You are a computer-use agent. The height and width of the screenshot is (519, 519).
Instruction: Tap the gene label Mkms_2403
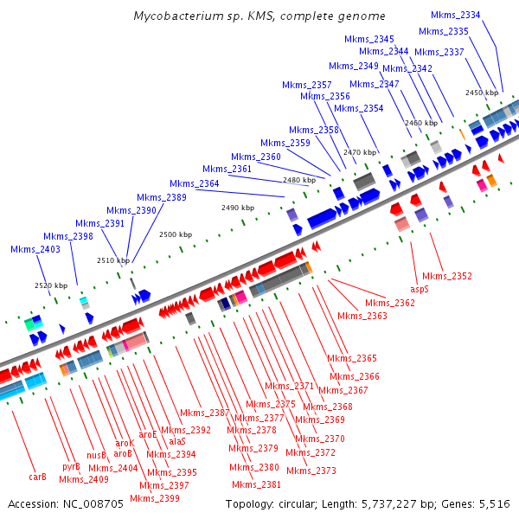pos(35,249)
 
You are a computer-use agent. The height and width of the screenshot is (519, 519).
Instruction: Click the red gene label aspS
pos(419,289)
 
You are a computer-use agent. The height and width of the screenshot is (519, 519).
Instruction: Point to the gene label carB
pos(37,477)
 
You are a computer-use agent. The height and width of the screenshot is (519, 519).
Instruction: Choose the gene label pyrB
pos(71,467)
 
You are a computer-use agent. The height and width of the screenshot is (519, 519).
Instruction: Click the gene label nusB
pos(96,455)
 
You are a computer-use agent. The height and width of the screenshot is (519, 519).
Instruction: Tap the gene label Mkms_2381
pos(256,484)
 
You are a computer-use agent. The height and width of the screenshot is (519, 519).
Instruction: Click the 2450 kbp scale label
pos(482,93)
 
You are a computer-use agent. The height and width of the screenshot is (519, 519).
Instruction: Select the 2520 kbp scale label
pos(50,285)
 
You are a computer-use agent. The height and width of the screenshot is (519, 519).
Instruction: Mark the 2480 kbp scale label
pos(298,180)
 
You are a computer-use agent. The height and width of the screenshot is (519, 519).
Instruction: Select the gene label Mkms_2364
pos(194,183)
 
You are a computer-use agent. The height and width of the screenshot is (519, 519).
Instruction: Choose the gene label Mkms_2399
pos(155,498)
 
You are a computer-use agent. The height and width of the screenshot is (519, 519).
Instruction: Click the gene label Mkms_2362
pos(389,303)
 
